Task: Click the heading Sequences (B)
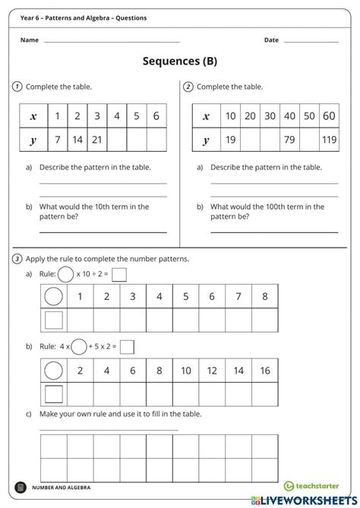(x=179, y=62)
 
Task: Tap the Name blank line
(x=112, y=41)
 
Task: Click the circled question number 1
(x=17, y=87)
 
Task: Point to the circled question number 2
(x=188, y=87)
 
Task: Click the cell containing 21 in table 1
(x=96, y=140)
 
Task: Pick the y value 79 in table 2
(x=289, y=140)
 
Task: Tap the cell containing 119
(x=329, y=140)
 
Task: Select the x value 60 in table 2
(x=329, y=116)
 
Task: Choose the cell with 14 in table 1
(x=77, y=140)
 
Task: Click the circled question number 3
(x=17, y=259)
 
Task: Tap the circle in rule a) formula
(x=66, y=274)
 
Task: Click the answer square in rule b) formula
(x=127, y=347)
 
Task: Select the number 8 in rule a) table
(x=265, y=297)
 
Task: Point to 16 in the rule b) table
(x=265, y=371)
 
